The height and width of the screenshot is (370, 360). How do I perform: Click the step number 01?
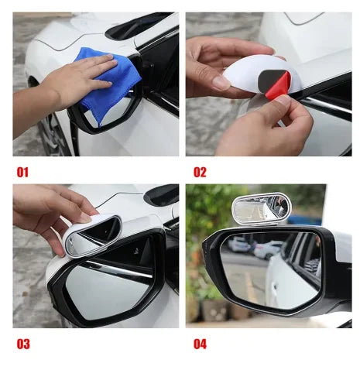pos(22,172)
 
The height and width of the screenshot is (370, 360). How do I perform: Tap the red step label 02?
pos(200,172)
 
